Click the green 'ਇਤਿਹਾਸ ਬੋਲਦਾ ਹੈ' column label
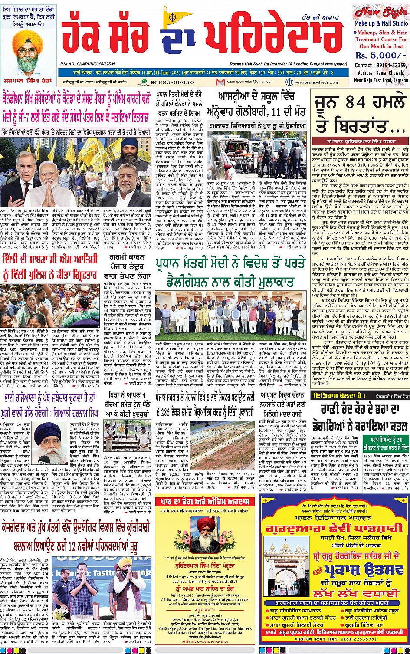tap(334, 395)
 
